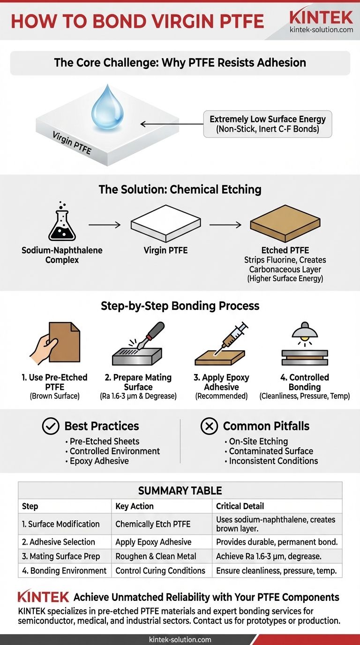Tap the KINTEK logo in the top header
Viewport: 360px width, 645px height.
tap(321, 18)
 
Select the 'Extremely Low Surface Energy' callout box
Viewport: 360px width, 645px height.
tap(267, 124)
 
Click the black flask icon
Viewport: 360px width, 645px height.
tap(62, 224)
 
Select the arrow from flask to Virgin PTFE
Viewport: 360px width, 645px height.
tap(104, 225)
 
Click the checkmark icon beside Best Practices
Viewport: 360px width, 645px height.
tap(51, 426)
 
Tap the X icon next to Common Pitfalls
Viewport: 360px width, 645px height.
tap(209, 426)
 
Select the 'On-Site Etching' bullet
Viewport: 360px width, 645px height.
tap(258, 441)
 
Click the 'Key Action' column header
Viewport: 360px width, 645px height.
tap(135, 506)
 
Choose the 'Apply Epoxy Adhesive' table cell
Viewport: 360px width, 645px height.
tap(153, 542)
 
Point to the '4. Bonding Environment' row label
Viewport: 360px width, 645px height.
tap(65, 570)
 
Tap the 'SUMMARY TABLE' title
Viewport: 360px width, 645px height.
tap(180, 491)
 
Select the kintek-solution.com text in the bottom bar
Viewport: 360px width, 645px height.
tap(180, 639)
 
